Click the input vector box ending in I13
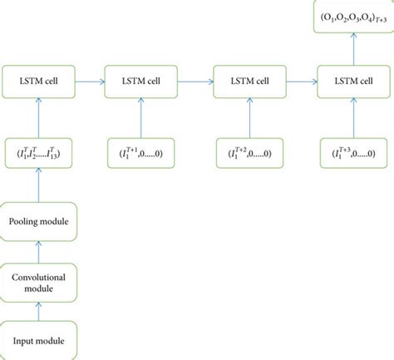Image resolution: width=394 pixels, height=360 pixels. [x=39, y=154]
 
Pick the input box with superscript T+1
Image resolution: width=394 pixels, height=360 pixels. [x=145, y=154]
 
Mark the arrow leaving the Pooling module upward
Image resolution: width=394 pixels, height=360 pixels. [x=39, y=190]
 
